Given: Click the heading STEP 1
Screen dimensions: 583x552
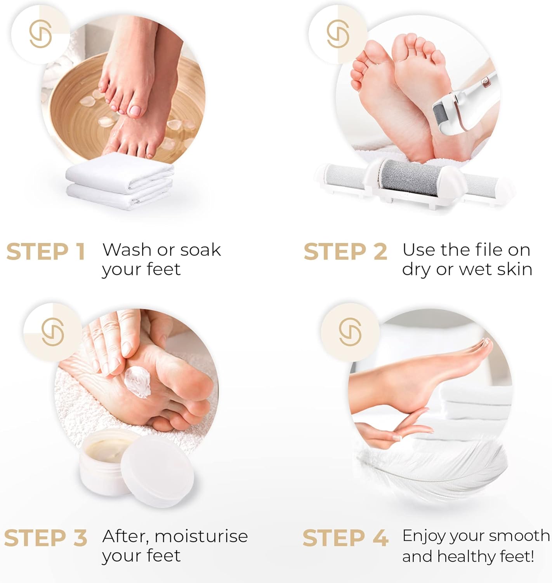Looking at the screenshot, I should point(45,251).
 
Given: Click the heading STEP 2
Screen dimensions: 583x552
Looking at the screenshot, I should point(345,251).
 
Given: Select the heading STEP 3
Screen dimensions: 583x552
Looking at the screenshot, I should point(45,538).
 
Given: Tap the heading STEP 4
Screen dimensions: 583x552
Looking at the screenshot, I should point(345,538).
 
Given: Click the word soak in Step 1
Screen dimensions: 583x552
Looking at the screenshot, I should point(201,250).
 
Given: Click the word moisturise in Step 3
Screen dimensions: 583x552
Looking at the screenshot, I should point(201,536).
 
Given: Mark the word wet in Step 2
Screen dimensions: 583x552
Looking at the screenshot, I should point(476,270).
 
